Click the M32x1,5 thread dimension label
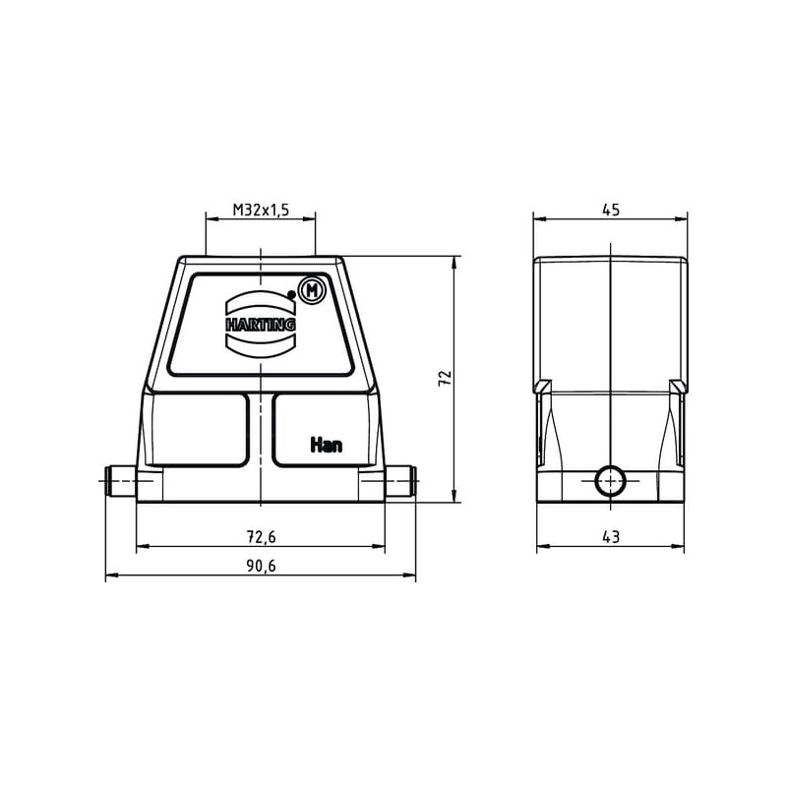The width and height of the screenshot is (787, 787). pos(261,210)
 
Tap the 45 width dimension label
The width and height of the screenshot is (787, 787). pos(611,210)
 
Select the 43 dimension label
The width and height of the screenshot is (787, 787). pos(611,537)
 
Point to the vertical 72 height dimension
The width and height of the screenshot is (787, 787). pos(446,378)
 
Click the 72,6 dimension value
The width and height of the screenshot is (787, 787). pos(261,537)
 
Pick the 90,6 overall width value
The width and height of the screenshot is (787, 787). pos(261,566)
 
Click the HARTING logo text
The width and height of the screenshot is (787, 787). pos(261,325)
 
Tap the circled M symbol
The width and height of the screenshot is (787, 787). pos(312,290)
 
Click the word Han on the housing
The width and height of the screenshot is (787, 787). pos(327,445)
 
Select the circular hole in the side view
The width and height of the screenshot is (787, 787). pos(610,481)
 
